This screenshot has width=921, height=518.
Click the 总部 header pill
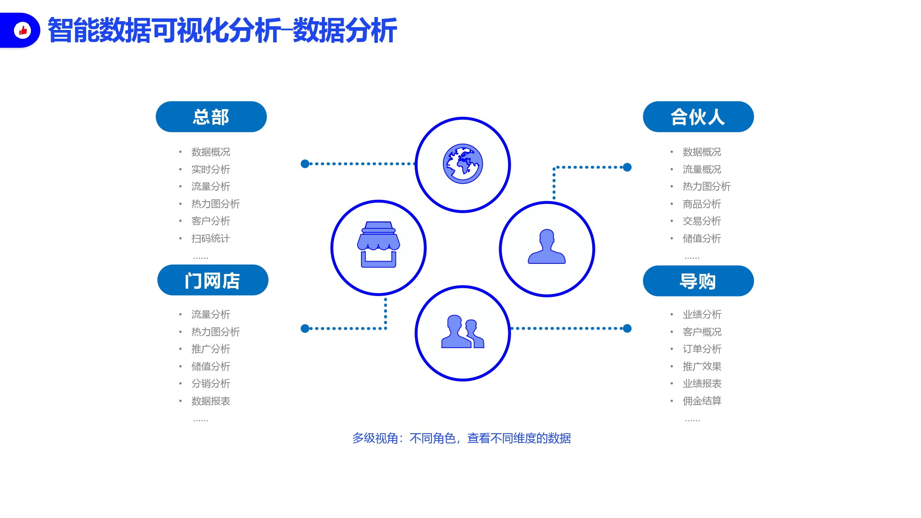(x=211, y=117)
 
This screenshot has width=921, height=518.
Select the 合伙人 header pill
(x=698, y=117)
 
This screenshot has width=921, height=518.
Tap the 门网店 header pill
(x=213, y=280)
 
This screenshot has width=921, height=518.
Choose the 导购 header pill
(x=698, y=281)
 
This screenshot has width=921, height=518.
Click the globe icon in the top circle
(x=463, y=164)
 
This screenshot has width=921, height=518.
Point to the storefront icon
(x=379, y=244)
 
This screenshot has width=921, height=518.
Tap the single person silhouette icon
(x=547, y=246)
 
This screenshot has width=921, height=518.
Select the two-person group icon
(x=463, y=332)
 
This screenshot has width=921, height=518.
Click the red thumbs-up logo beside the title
(x=23, y=30)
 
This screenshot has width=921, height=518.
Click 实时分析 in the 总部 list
(x=210, y=169)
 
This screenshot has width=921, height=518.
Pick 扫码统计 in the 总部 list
(x=210, y=239)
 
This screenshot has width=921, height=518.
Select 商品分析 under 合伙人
(x=702, y=204)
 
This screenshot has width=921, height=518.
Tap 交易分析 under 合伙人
(x=702, y=221)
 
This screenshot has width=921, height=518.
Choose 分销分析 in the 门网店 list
(x=210, y=384)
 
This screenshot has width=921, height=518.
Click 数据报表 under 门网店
(x=210, y=401)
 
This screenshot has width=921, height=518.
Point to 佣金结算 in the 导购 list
(x=702, y=401)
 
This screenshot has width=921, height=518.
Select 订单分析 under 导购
(x=702, y=349)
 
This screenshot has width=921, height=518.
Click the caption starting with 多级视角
(x=461, y=438)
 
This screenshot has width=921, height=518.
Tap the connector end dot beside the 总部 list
(x=305, y=163)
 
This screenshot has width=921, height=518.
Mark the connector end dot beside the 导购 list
(x=627, y=328)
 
